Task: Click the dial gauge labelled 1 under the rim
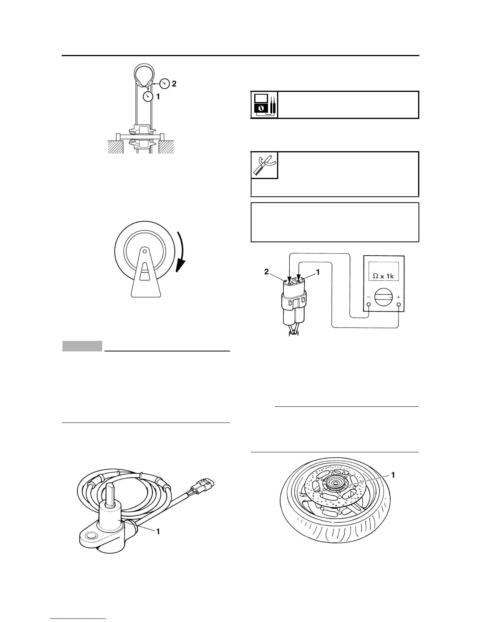(148, 97)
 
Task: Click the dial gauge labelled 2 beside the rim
(165, 83)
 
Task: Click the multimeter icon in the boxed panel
(264, 105)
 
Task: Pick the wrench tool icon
(264, 165)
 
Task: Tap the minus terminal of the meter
(369, 305)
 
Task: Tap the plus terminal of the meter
(399, 305)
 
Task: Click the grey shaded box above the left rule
(82, 346)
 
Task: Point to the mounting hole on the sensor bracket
(91, 535)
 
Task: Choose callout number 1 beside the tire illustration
(393, 475)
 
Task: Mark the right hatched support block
(166, 147)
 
